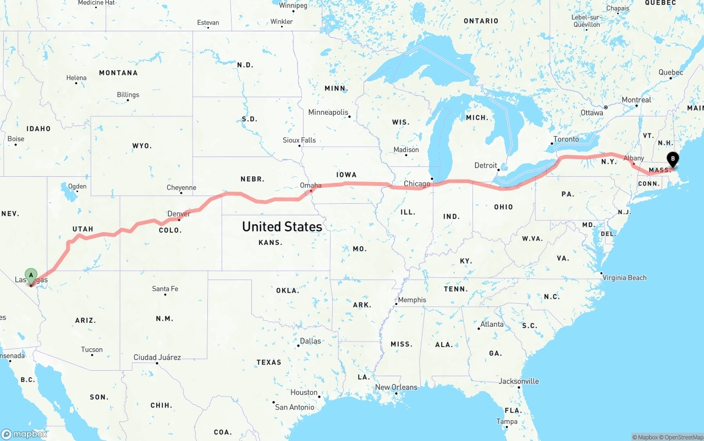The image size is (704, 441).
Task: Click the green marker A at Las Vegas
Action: (31, 274)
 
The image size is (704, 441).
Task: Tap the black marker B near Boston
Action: (672, 159)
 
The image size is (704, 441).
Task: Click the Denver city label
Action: (179, 214)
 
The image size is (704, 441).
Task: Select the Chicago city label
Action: (417, 183)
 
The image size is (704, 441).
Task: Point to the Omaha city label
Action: (311, 186)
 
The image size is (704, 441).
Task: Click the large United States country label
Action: (282, 226)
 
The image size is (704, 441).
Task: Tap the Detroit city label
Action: (486, 165)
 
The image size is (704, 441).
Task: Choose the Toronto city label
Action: (566, 139)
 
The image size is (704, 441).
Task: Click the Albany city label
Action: (634, 158)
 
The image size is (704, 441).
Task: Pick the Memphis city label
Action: (412, 300)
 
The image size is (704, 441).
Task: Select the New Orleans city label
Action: (396, 387)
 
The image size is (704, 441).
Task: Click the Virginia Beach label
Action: (624, 277)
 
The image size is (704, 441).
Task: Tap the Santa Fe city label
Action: (165, 289)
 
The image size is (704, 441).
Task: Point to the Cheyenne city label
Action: (182, 188)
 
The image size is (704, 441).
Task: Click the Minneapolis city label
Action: (328, 113)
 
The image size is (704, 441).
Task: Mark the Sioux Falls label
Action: (299, 140)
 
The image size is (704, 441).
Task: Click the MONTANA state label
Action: (118, 72)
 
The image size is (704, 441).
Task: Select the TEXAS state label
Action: (268, 362)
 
